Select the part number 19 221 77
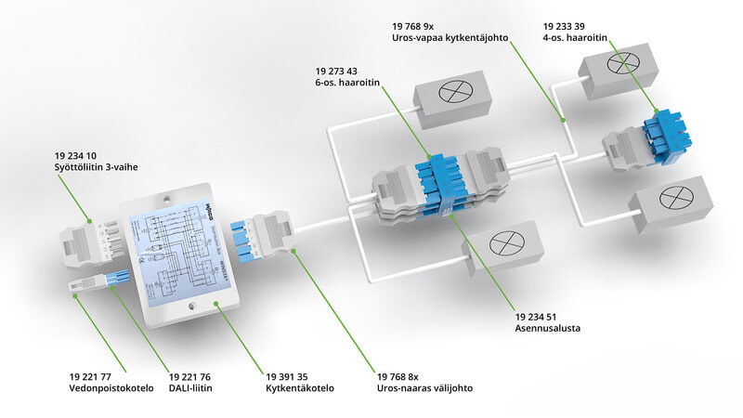click(x=91, y=376)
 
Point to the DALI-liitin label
click(x=191, y=389)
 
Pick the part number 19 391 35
click(x=287, y=376)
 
